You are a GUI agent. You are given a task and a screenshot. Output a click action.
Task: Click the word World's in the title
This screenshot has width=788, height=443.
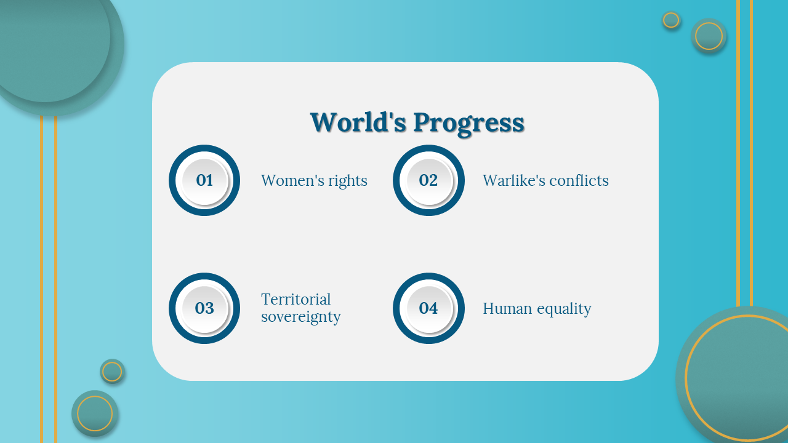pos(358,122)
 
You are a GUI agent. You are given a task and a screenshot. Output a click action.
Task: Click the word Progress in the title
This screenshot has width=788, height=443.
pos(469,124)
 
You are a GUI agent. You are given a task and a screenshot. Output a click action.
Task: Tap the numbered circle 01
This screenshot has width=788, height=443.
pos(204,180)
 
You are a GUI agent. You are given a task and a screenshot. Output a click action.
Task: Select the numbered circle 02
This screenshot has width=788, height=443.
pos(428,180)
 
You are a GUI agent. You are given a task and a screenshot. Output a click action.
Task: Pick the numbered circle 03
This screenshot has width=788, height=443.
pos(204,308)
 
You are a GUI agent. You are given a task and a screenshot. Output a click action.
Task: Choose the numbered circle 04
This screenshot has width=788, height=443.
pos(428,308)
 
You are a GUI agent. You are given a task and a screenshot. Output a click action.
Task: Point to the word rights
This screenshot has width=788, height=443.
pos(348,182)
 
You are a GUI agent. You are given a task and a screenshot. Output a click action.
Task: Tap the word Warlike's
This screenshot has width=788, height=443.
pos(513,180)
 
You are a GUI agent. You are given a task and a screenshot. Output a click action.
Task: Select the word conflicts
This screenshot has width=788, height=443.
pos(579,180)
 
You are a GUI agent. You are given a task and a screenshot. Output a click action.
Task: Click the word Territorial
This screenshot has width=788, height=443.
pos(296,299)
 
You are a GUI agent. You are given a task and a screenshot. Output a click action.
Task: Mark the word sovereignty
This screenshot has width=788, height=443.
pos(301,317)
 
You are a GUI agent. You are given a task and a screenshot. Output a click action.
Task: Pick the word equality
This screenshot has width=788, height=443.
pos(564,309)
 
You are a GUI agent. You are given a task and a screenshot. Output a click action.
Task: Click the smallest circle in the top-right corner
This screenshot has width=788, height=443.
pos(671,20)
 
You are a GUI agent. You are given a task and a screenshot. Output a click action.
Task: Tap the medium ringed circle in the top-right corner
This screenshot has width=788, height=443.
pos(709,36)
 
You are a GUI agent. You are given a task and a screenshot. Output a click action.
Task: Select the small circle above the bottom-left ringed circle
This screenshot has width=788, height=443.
pos(112,372)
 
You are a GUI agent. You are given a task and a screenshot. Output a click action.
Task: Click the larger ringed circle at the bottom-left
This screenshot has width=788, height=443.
pos(95,413)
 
